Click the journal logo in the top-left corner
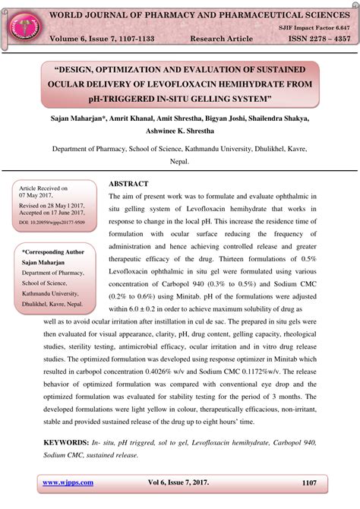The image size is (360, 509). coord(22,26)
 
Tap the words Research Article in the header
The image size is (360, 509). coord(222,39)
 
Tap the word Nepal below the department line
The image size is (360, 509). coord(178,162)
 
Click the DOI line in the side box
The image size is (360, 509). coord(52,223)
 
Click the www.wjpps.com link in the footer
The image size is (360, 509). coord(68,482)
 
